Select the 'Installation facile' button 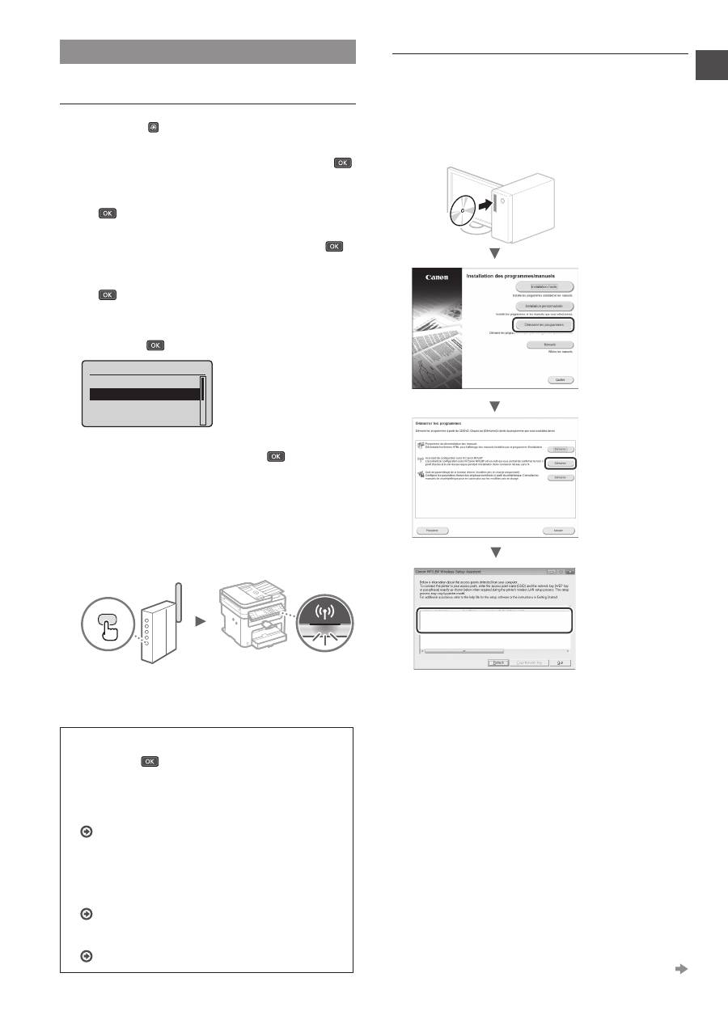[x=542, y=286]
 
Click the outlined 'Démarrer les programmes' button [x=542, y=324]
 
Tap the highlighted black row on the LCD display [x=144, y=395]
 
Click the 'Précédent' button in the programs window [x=432, y=531]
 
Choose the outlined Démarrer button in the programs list [x=559, y=463]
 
